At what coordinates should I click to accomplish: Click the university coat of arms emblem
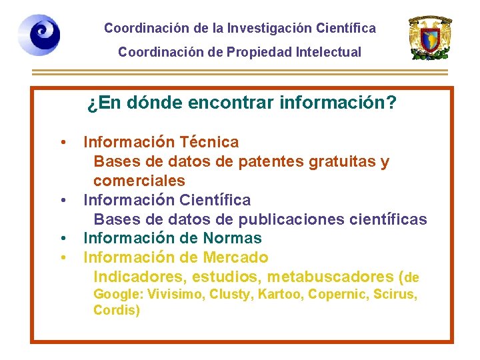point(431,38)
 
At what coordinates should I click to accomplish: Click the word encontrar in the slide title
point(217,103)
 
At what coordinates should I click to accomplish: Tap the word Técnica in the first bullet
point(209,142)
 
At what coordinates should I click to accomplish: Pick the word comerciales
point(139,181)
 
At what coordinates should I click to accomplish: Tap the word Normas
point(233,238)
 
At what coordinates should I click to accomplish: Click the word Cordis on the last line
point(115,310)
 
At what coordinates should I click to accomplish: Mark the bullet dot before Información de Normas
point(62,238)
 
